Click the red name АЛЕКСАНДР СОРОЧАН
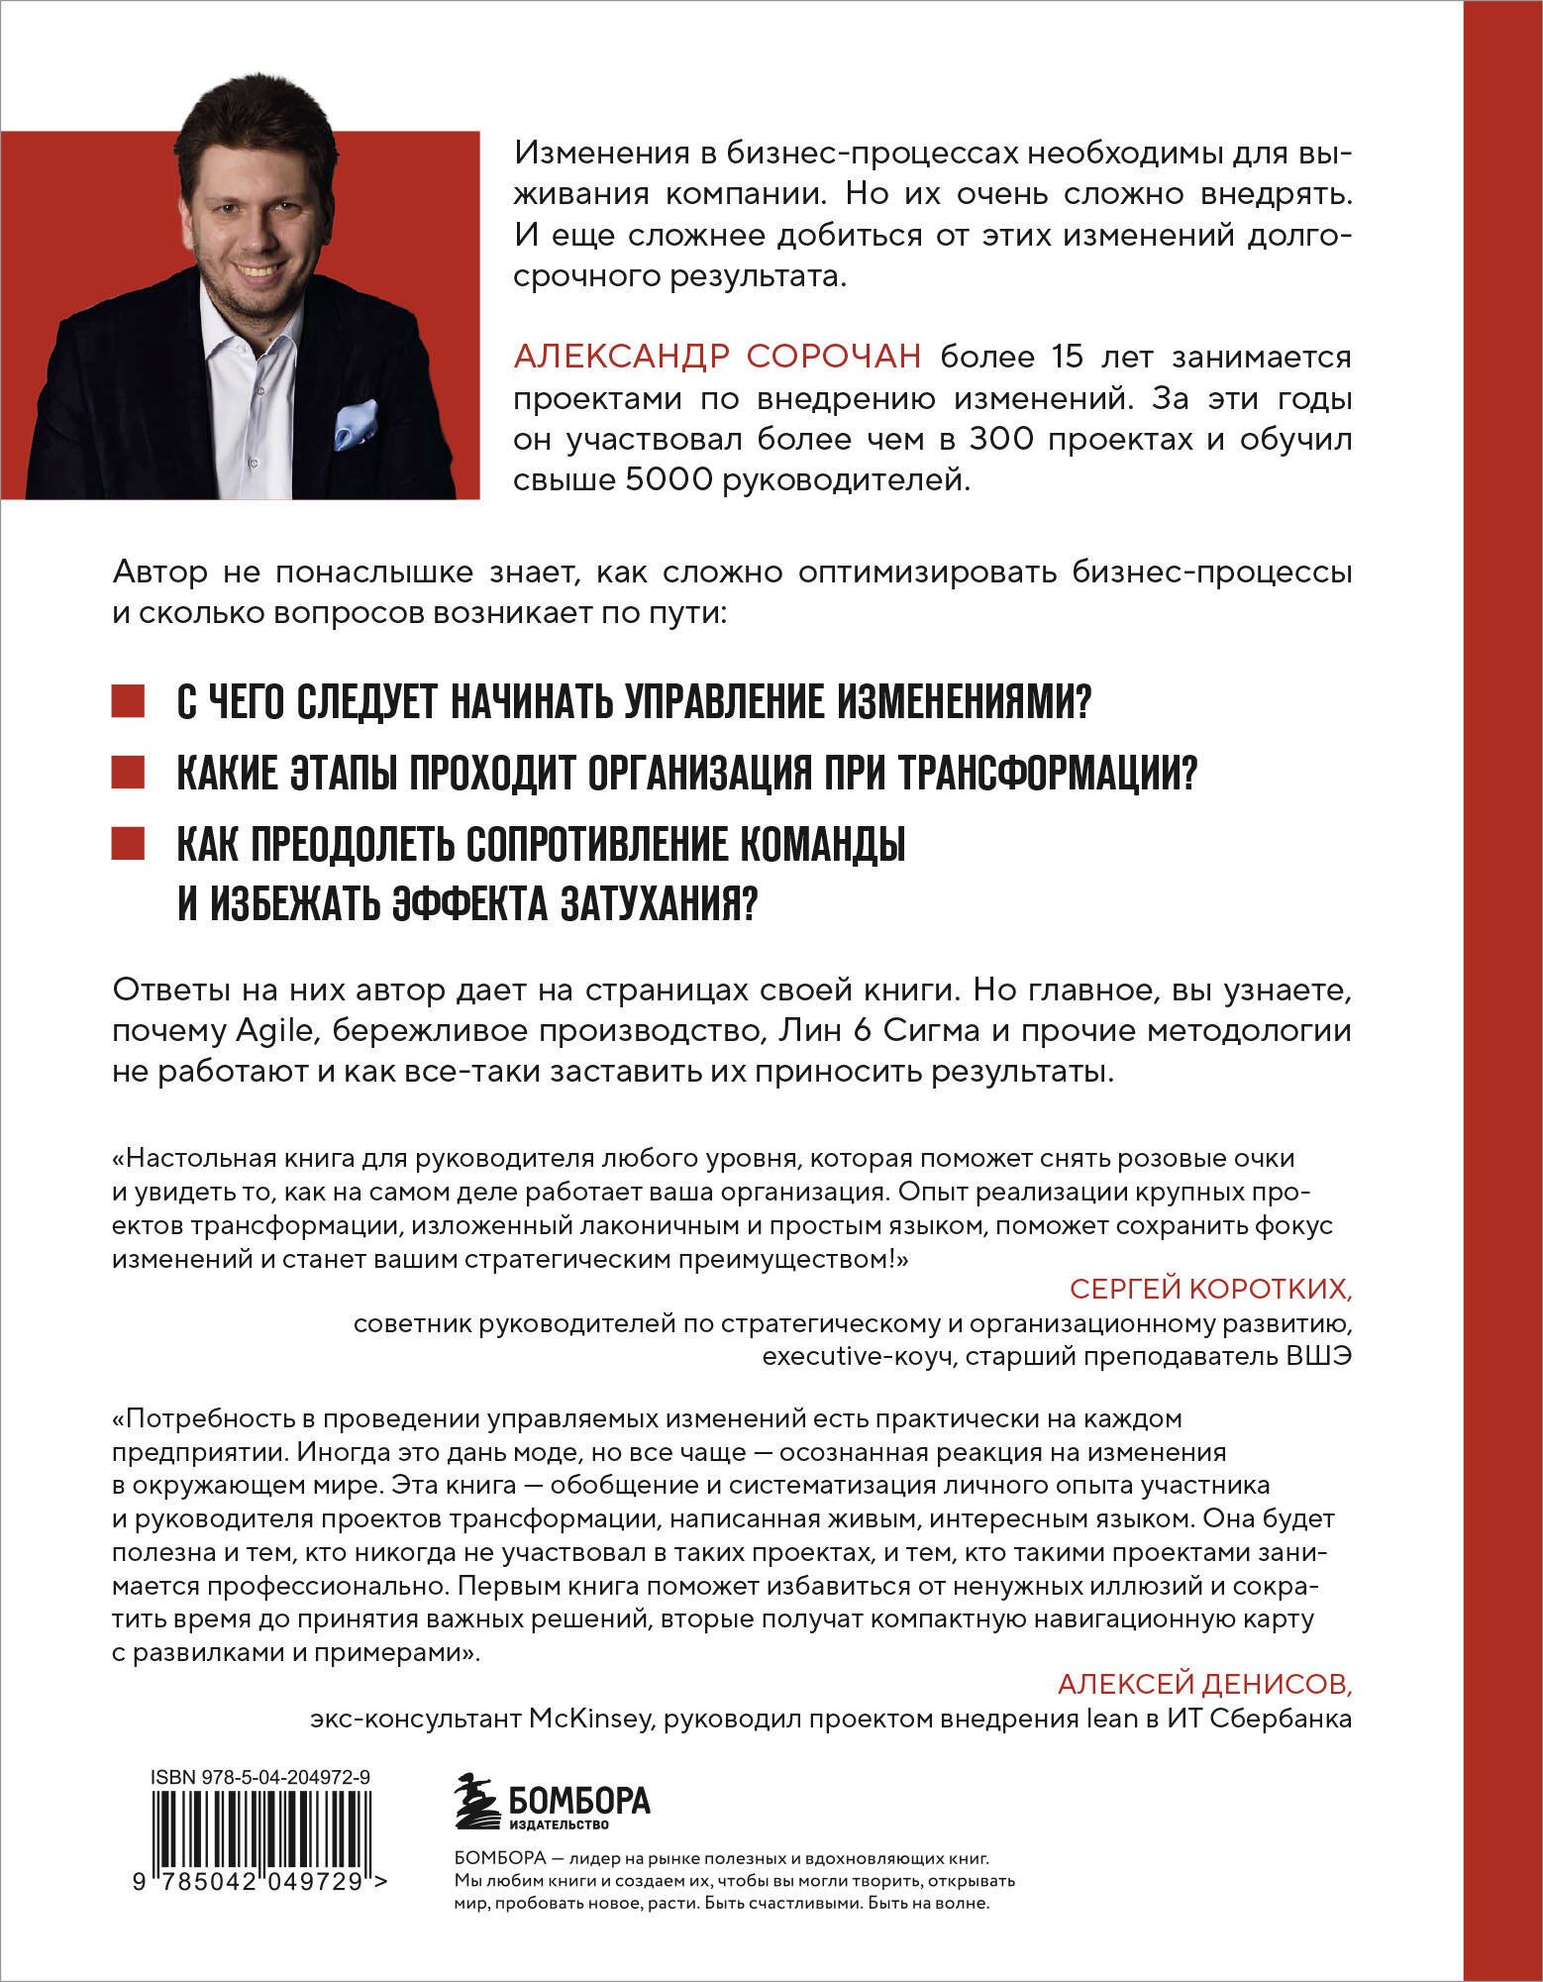point(718,356)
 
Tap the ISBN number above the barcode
point(261,1779)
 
